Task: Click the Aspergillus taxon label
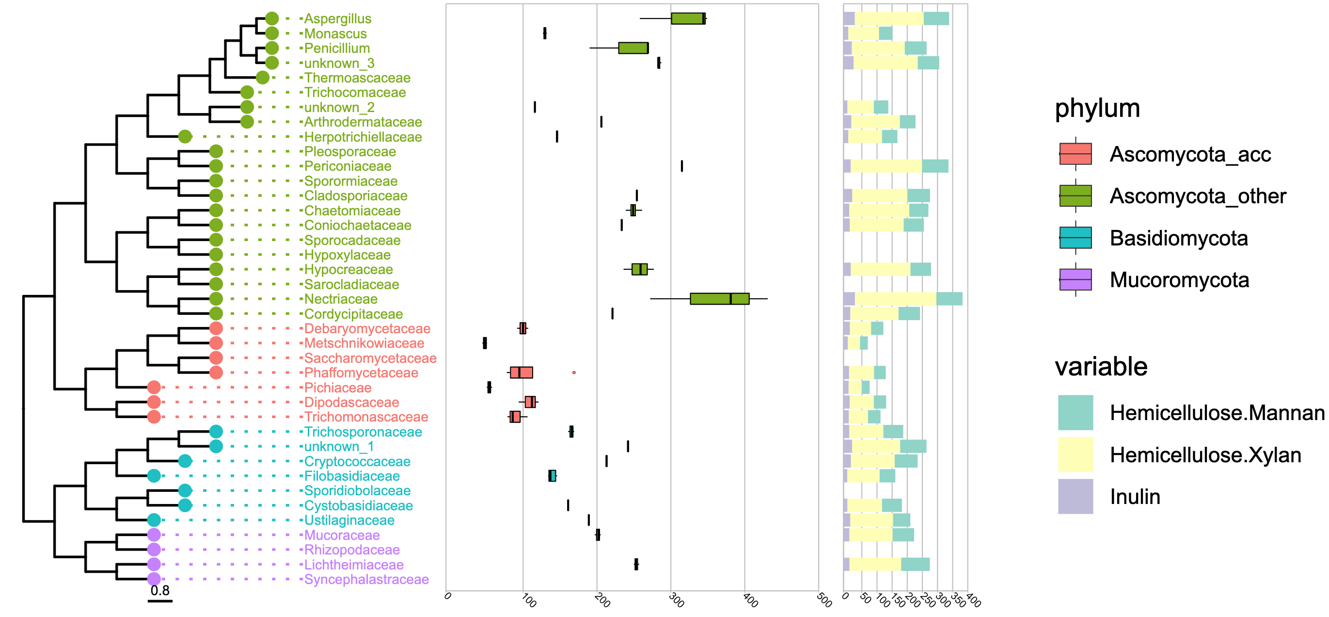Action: [337, 18]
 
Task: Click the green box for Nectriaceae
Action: [719, 299]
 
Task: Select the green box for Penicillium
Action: [633, 48]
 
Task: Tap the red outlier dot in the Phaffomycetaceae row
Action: [574, 372]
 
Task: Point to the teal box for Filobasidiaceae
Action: [552, 476]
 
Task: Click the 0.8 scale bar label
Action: [160, 591]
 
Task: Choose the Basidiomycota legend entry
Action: [1178, 239]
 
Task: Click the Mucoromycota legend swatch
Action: [1075, 280]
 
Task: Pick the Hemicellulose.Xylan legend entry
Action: [1205, 455]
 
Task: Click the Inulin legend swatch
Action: [1075, 496]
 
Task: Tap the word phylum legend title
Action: [1097, 109]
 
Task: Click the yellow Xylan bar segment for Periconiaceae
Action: [886, 166]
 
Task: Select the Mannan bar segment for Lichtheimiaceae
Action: [915, 564]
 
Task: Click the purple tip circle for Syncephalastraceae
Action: [154, 579]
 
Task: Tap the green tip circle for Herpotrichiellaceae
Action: [185, 137]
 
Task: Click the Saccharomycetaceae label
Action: [370, 358]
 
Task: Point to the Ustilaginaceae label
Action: [349, 520]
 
